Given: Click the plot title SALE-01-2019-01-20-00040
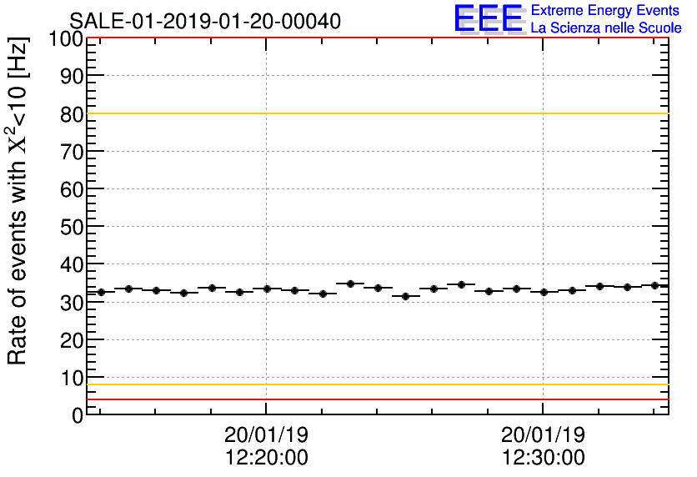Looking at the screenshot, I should (205, 21).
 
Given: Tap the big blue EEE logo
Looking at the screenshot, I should (489, 19).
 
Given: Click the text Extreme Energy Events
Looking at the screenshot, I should (605, 11).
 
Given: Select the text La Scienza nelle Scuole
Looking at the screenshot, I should (605, 28).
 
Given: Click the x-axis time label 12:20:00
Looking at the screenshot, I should (266, 458).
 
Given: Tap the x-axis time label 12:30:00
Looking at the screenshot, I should (543, 458).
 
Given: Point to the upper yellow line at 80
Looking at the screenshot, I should (375, 113).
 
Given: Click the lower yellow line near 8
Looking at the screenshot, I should (375, 384).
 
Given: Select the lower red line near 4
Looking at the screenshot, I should (375, 399).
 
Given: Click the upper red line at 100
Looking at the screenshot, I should (375, 38).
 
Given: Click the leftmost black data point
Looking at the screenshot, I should (101, 292).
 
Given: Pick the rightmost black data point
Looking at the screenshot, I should (654, 285).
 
